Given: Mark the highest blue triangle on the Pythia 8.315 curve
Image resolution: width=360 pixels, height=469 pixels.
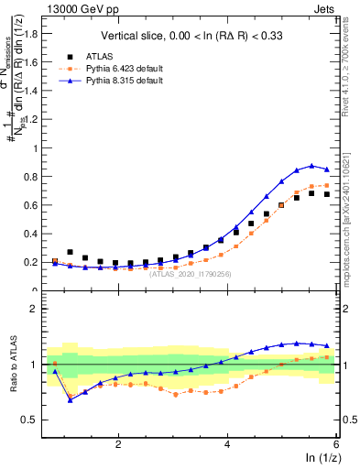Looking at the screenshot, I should click(x=311, y=166).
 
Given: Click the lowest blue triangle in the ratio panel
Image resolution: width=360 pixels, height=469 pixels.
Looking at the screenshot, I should click(x=71, y=400).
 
